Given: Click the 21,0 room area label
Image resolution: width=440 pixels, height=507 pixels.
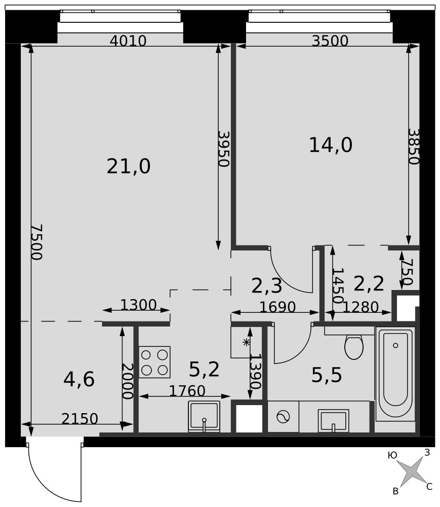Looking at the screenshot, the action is pyautogui.click(x=129, y=166).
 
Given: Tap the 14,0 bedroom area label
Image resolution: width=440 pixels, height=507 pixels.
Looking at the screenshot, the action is pyautogui.click(x=331, y=145).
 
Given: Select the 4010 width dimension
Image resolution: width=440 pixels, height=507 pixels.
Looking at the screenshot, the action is pyautogui.click(x=128, y=41).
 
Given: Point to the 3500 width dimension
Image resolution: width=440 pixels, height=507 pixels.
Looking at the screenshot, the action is pyautogui.click(x=330, y=41).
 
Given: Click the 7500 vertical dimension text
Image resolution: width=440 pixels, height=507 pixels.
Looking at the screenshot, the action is pyautogui.click(x=36, y=242).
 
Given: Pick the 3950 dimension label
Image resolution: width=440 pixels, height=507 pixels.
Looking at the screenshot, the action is pyautogui.click(x=223, y=149).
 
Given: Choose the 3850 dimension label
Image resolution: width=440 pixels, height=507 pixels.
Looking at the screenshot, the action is pyautogui.click(x=414, y=147).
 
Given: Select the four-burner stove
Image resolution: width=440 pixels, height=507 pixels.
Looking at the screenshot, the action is pyautogui.click(x=154, y=362).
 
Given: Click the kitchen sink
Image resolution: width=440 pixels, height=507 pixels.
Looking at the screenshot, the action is pyautogui.click(x=204, y=416).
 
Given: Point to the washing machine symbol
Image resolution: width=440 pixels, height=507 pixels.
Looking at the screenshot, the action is pyautogui.click(x=283, y=416).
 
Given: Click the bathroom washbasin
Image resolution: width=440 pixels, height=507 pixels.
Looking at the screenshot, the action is pyautogui.click(x=334, y=420).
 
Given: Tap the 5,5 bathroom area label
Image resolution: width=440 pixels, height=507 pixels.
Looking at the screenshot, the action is pyautogui.click(x=327, y=375).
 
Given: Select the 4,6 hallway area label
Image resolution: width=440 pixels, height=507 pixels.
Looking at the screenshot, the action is pyautogui.click(x=79, y=379).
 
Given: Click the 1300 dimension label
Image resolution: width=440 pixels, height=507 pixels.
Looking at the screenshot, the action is pyautogui.click(x=138, y=305).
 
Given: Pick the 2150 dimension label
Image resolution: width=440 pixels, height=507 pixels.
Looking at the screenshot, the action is pyautogui.click(x=79, y=419).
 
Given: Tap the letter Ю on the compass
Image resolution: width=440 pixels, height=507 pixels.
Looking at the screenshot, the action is pyautogui.click(x=392, y=456).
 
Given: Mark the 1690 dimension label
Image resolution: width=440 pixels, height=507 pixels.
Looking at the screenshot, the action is pyautogui.click(x=277, y=307).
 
